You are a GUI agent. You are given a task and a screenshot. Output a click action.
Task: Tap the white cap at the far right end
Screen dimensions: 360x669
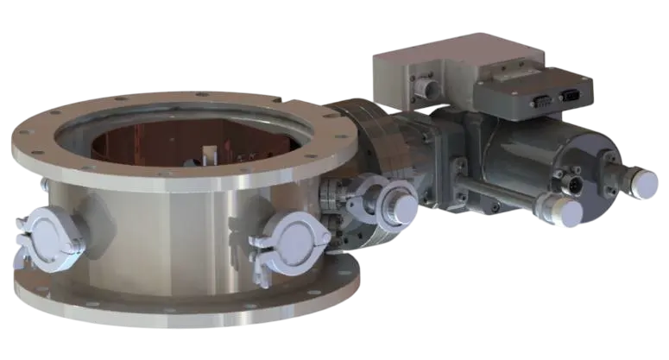click(x=645, y=179)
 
